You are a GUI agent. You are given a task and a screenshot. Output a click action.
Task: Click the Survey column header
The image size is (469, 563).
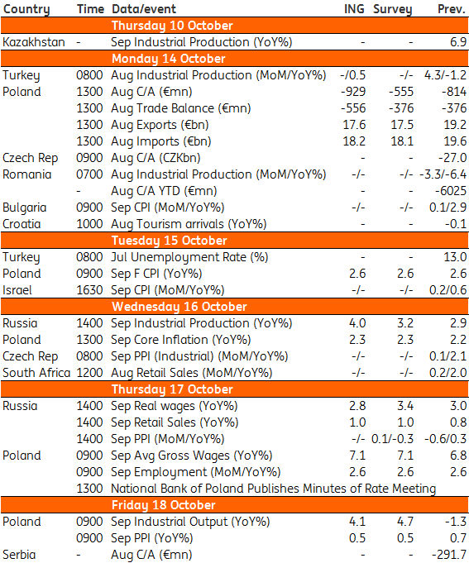(x=392, y=9)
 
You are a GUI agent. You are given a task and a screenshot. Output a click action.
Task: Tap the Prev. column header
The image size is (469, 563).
(x=452, y=9)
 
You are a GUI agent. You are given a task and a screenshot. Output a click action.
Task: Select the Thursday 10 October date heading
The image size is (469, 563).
(x=172, y=26)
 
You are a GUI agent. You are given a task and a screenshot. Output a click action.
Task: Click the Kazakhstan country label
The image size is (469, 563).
(x=34, y=42)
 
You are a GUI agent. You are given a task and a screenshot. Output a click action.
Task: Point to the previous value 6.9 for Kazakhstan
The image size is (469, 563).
(x=458, y=42)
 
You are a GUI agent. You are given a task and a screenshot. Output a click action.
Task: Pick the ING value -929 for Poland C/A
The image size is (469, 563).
(x=353, y=92)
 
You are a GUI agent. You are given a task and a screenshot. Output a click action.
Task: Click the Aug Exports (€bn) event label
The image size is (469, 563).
(x=160, y=125)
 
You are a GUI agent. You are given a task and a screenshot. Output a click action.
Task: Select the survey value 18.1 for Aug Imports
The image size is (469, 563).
(x=402, y=141)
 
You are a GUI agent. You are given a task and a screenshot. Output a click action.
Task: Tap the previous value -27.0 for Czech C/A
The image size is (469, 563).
(x=452, y=158)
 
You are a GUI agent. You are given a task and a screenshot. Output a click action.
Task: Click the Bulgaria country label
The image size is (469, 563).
(x=25, y=208)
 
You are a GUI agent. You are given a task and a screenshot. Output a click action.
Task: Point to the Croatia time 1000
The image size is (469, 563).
(x=89, y=224)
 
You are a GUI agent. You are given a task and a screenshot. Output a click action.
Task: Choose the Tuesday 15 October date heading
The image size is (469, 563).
(x=169, y=241)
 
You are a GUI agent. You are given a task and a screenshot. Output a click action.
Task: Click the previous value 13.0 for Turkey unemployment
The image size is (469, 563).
(x=455, y=257)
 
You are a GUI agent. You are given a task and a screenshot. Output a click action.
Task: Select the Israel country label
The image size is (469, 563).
(x=17, y=290)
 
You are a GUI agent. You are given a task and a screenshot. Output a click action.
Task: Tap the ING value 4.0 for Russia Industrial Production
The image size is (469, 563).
(x=357, y=323)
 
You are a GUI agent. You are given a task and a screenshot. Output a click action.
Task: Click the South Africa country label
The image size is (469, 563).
(x=36, y=373)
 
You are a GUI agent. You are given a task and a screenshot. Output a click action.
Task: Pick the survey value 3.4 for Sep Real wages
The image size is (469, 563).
(x=405, y=406)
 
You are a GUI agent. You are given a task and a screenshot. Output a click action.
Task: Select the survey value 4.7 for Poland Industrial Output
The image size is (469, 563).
(x=405, y=522)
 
